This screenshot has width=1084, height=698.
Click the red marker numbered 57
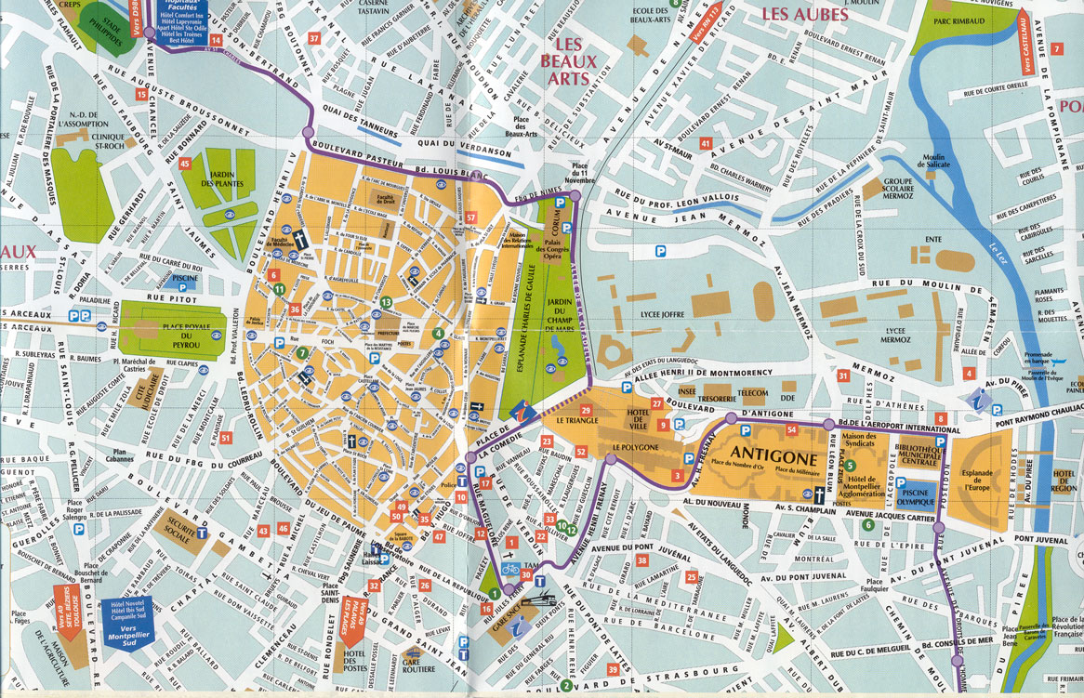click(x=471, y=217)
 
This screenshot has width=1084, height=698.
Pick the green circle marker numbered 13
click(x=385, y=302)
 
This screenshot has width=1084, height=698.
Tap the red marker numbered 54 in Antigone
click(x=792, y=429)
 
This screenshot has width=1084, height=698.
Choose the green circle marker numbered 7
click(x=302, y=352)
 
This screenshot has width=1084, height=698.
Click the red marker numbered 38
click(x=641, y=560)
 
